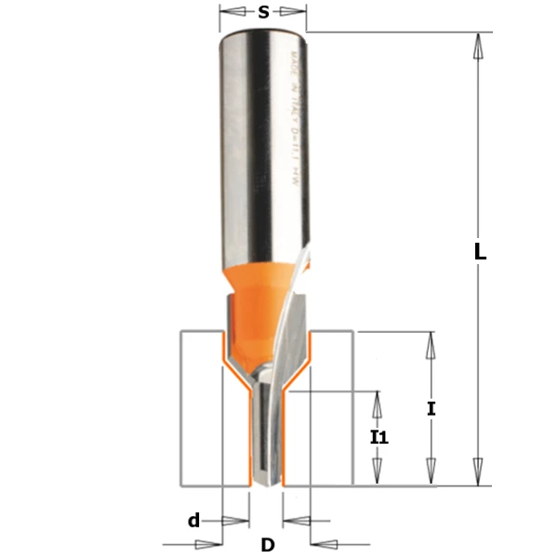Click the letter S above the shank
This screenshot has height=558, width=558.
pos(263,12)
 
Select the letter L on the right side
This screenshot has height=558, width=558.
pos(480,252)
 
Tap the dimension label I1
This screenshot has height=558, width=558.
pos(379,436)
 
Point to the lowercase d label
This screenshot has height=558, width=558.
pos(193,521)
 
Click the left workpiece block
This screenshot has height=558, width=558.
pos(200,409)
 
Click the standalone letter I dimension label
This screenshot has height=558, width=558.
pos(432,408)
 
